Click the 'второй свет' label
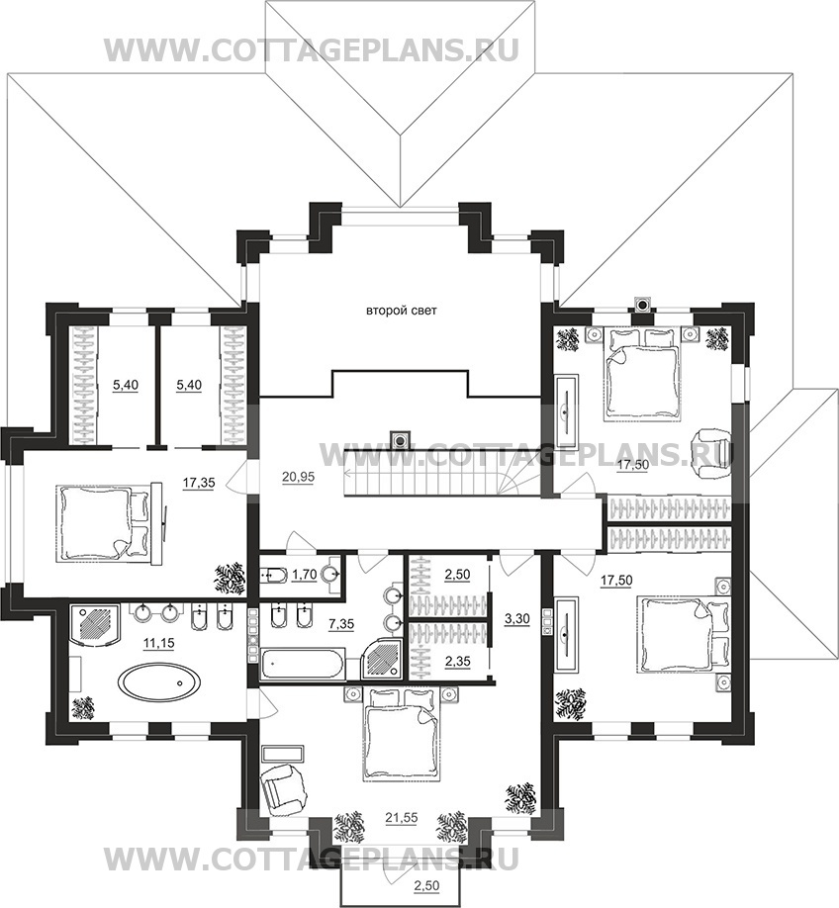click(401, 311)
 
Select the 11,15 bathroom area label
click(157, 643)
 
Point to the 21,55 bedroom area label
click(402, 817)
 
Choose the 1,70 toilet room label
click(304, 575)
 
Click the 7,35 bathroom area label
click(341, 624)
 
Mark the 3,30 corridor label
click(516, 618)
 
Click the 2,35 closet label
click(457, 662)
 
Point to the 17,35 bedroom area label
click(199, 483)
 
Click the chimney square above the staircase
click(400, 439)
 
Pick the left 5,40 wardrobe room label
click(126, 385)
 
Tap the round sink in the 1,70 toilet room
click(331, 575)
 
